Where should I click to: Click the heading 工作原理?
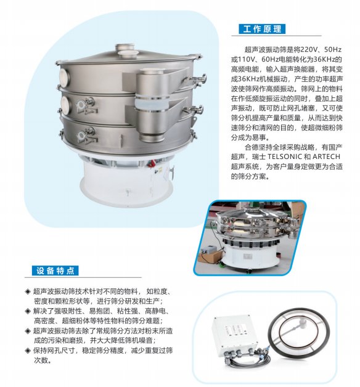(261, 29)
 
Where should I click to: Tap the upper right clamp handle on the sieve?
(197, 78)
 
